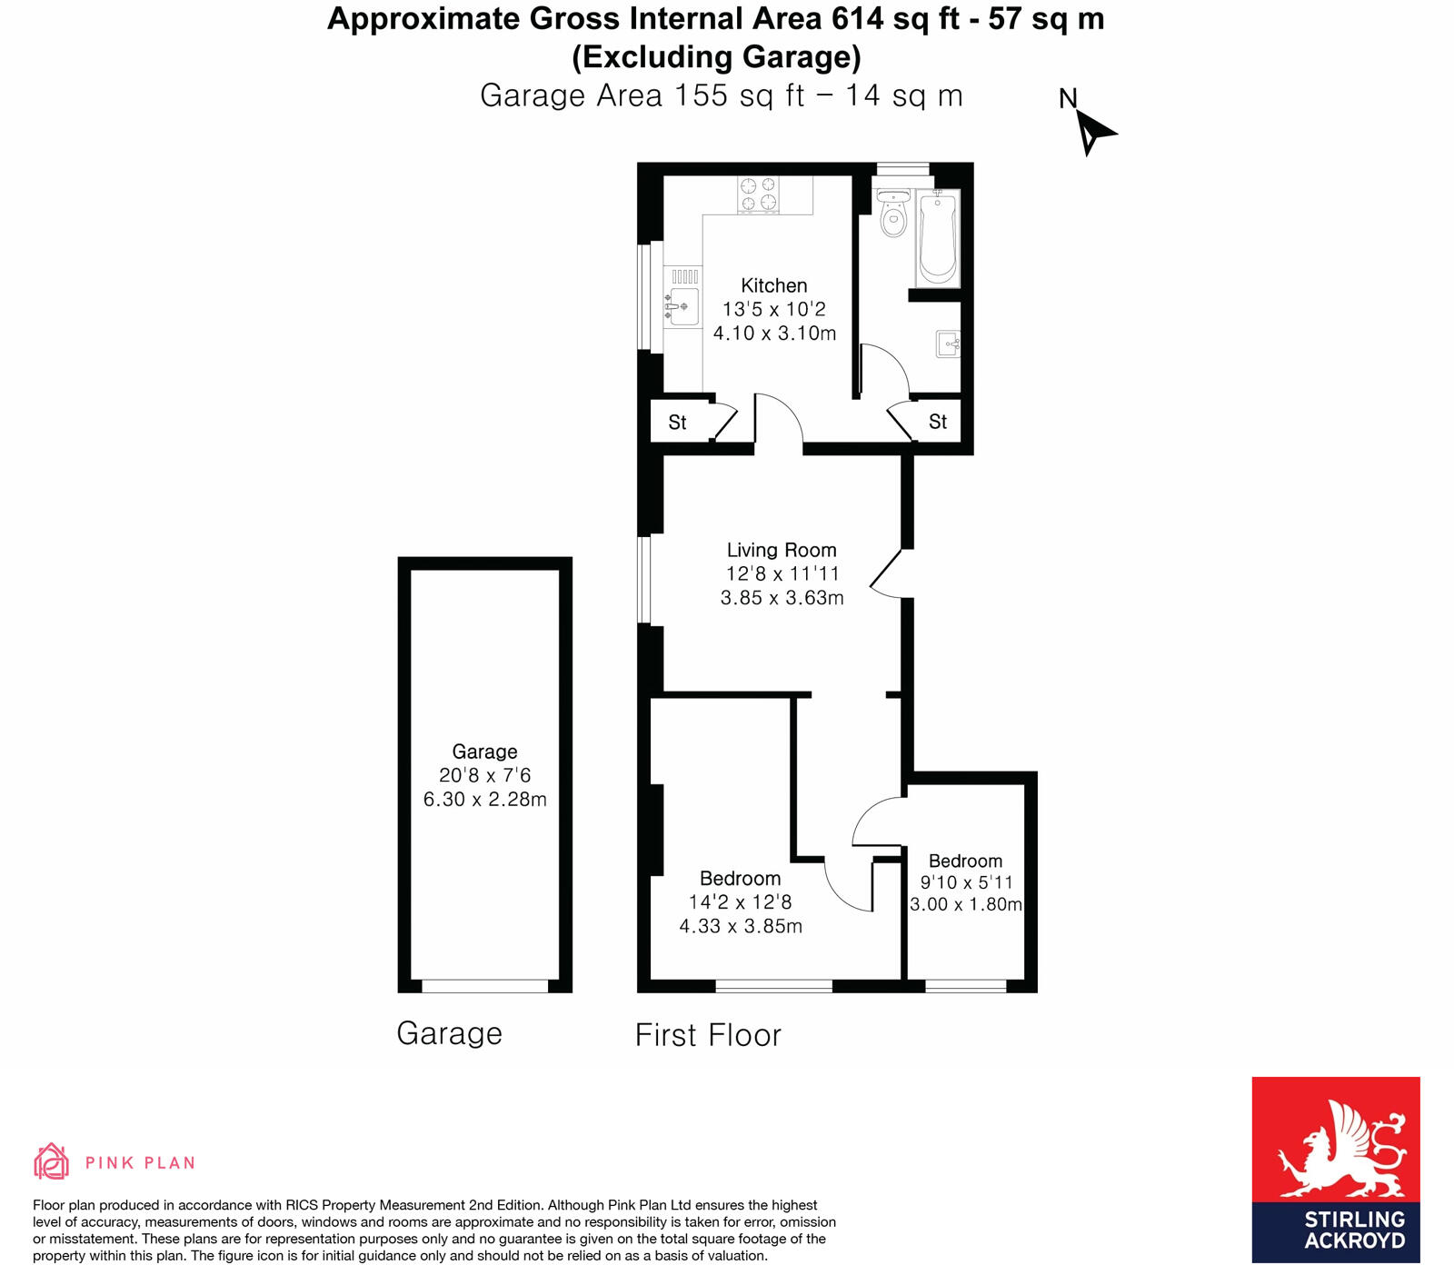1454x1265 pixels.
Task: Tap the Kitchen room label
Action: pyautogui.click(x=773, y=285)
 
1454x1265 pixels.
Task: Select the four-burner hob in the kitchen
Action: pyautogui.click(x=758, y=194)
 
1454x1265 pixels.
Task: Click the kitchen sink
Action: pyautogui.click(x=681, y=306)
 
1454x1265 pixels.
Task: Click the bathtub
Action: pyautogui.click(x=938, y=238)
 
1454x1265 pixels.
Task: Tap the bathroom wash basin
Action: pyautogui.click(x=948, y=344)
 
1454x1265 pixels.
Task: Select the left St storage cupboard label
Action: pyautogui.click(x=677, y=423)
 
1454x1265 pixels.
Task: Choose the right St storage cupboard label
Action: pyautogui.click(x=937, y=422)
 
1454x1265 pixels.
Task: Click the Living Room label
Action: pyautogui.click(x=782, y=550)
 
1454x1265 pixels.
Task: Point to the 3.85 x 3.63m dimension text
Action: pyautogui.click(x=782, y=598)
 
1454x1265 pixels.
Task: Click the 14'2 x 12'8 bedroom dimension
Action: pyautogui.click(x=740, y=902)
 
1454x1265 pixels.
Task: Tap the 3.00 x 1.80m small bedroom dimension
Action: pyautogui.click(x=966, y=904)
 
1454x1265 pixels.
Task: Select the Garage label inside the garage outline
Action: pyautogui.click(x=484, y=752)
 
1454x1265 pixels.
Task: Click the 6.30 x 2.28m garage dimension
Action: pyautogui.click(x=484, y=800)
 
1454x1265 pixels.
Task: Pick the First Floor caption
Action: pyautogui.click(x=708, y=1035)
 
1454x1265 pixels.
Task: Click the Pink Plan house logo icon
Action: pyautogui.click(x=51, y=1160)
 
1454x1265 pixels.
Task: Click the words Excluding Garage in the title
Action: pyautogui.click(x=716, y=57)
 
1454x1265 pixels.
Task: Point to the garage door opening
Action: pyautogui.click(x=484, y=986)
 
